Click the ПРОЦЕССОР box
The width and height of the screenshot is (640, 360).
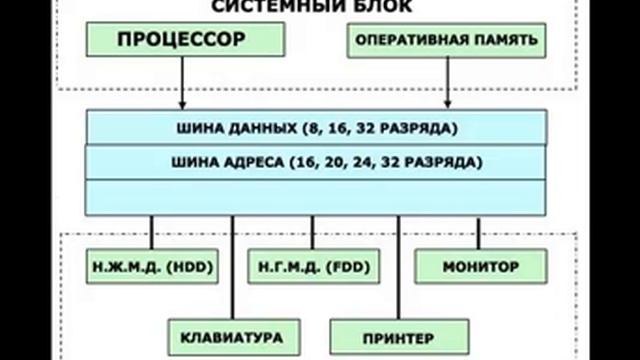click(182, 42)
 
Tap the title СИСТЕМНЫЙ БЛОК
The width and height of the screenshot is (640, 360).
click(311, 7)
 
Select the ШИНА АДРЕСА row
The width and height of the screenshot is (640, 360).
click(315, 160)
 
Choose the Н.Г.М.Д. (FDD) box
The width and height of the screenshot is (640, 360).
click(300, 268)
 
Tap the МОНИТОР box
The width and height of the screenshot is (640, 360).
click(481, 268)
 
